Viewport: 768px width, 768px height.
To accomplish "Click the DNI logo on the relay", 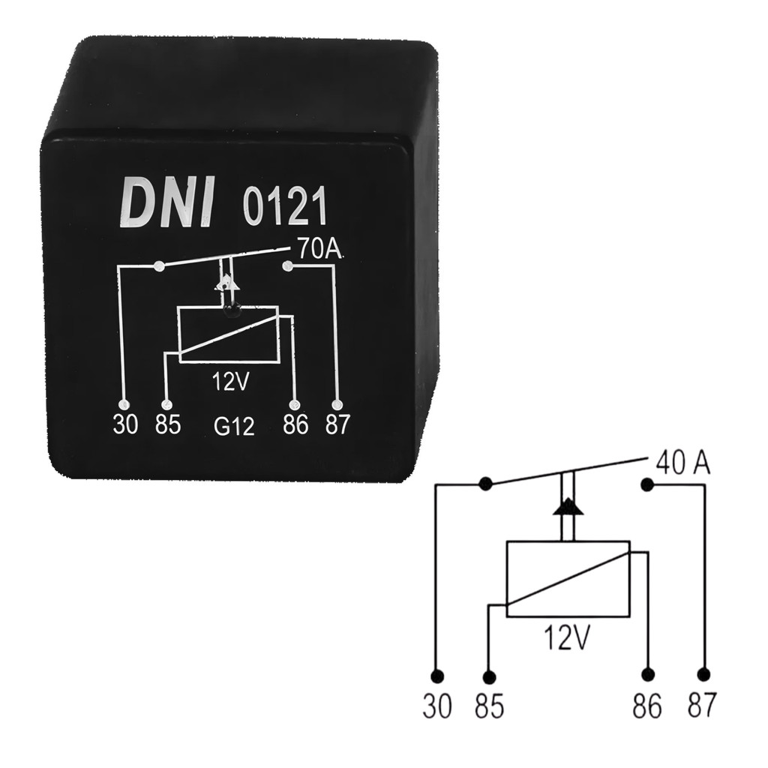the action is [x=167, y=202].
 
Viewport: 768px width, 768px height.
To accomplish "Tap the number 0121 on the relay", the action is [x=284, y=207].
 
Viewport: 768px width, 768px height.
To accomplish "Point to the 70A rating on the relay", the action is [x=318, y=250].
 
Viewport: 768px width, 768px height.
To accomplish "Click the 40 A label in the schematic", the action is [x=682, y=463].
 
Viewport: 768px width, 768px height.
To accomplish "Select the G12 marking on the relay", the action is [x=234, y=426].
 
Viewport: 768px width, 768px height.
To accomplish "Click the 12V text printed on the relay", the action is [x=231, y=382].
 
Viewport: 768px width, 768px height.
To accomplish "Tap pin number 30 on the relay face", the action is [x=126, y=424].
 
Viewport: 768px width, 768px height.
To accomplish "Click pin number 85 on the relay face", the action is [x=168, y=424].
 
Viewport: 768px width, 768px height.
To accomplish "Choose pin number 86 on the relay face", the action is [x=295, y=424].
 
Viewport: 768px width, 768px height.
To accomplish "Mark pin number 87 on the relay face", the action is [x=337, y=424].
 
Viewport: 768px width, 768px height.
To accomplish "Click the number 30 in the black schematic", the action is [x=437, y=706].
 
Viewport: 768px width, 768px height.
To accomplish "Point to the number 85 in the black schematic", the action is [x=489, y=706].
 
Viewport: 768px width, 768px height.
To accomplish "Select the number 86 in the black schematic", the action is [x=647, y=706].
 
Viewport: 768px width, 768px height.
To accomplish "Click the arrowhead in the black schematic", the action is [x=568, y=507].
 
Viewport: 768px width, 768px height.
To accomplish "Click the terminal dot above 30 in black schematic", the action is [x=437, y=676].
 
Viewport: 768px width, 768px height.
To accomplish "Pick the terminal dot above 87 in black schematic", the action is [x=703, y=674].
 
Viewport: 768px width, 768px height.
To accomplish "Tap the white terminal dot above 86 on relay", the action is [x=295, y=406].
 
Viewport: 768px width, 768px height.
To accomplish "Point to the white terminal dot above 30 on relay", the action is [x=125, y=404].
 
